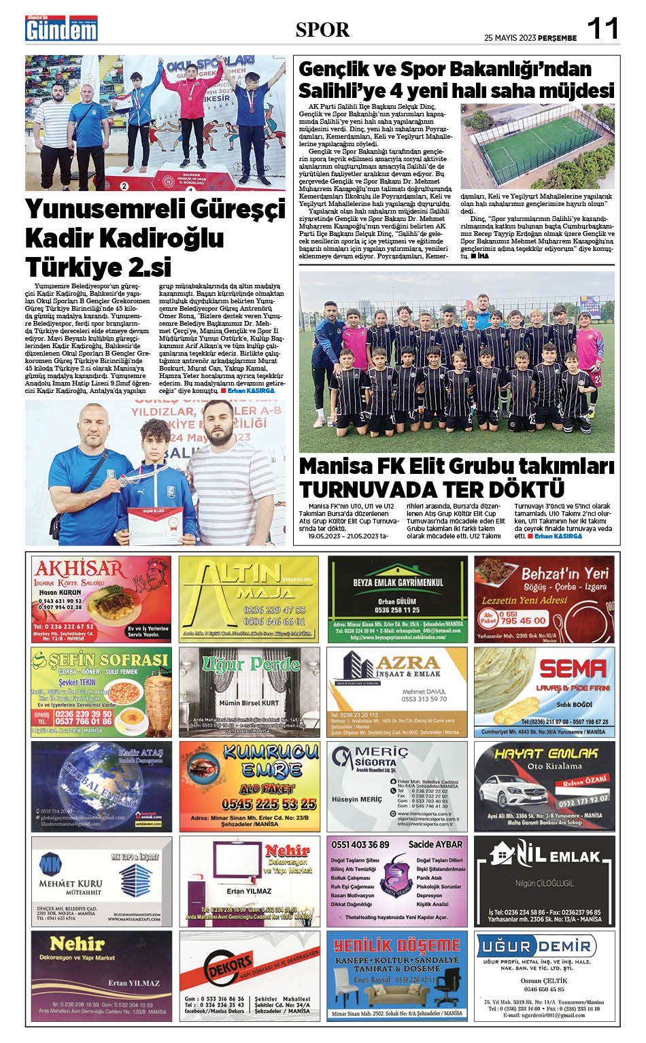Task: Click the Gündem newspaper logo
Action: click(61, 29)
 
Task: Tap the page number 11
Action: click(602, 29)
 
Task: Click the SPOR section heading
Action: click(322, 30)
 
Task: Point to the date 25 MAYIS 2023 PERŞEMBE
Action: click(530, 38)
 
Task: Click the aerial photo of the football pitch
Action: click(537, 146)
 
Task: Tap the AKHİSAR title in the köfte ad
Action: click(79, 568)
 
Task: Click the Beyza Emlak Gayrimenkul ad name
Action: click(398, 583)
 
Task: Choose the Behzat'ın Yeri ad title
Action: click(564, 575)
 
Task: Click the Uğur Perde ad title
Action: click(250, 664)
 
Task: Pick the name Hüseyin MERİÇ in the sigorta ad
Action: click(357, 800)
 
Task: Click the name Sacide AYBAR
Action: click(435, 844)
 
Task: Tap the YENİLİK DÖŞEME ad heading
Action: click(397, 946)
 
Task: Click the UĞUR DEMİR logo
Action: click(536, 946)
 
